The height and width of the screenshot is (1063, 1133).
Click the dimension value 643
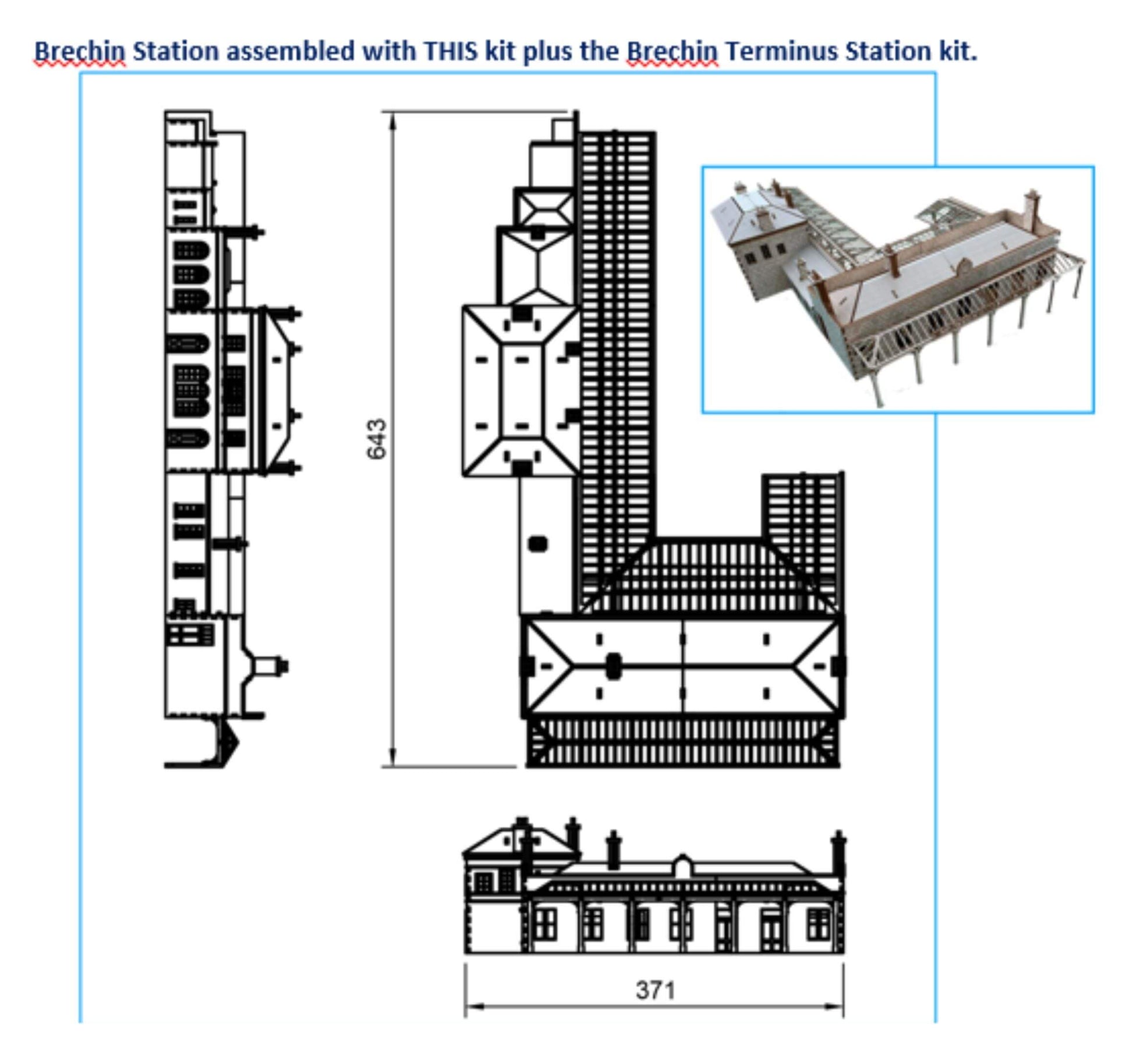click(377, 439)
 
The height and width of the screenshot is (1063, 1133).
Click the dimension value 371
click(656, 990)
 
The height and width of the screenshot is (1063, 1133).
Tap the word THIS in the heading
click(451, 51)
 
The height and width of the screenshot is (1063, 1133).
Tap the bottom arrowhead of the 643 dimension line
click(392, 758)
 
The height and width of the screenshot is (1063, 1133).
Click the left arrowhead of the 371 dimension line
click(474, 1007)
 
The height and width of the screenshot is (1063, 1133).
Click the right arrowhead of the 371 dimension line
click(834, 1007)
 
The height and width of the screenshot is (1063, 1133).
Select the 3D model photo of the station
click(898, 290)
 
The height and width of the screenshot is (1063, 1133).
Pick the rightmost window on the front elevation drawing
click(818, 925)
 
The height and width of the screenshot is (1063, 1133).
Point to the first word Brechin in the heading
click(80, 51)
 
